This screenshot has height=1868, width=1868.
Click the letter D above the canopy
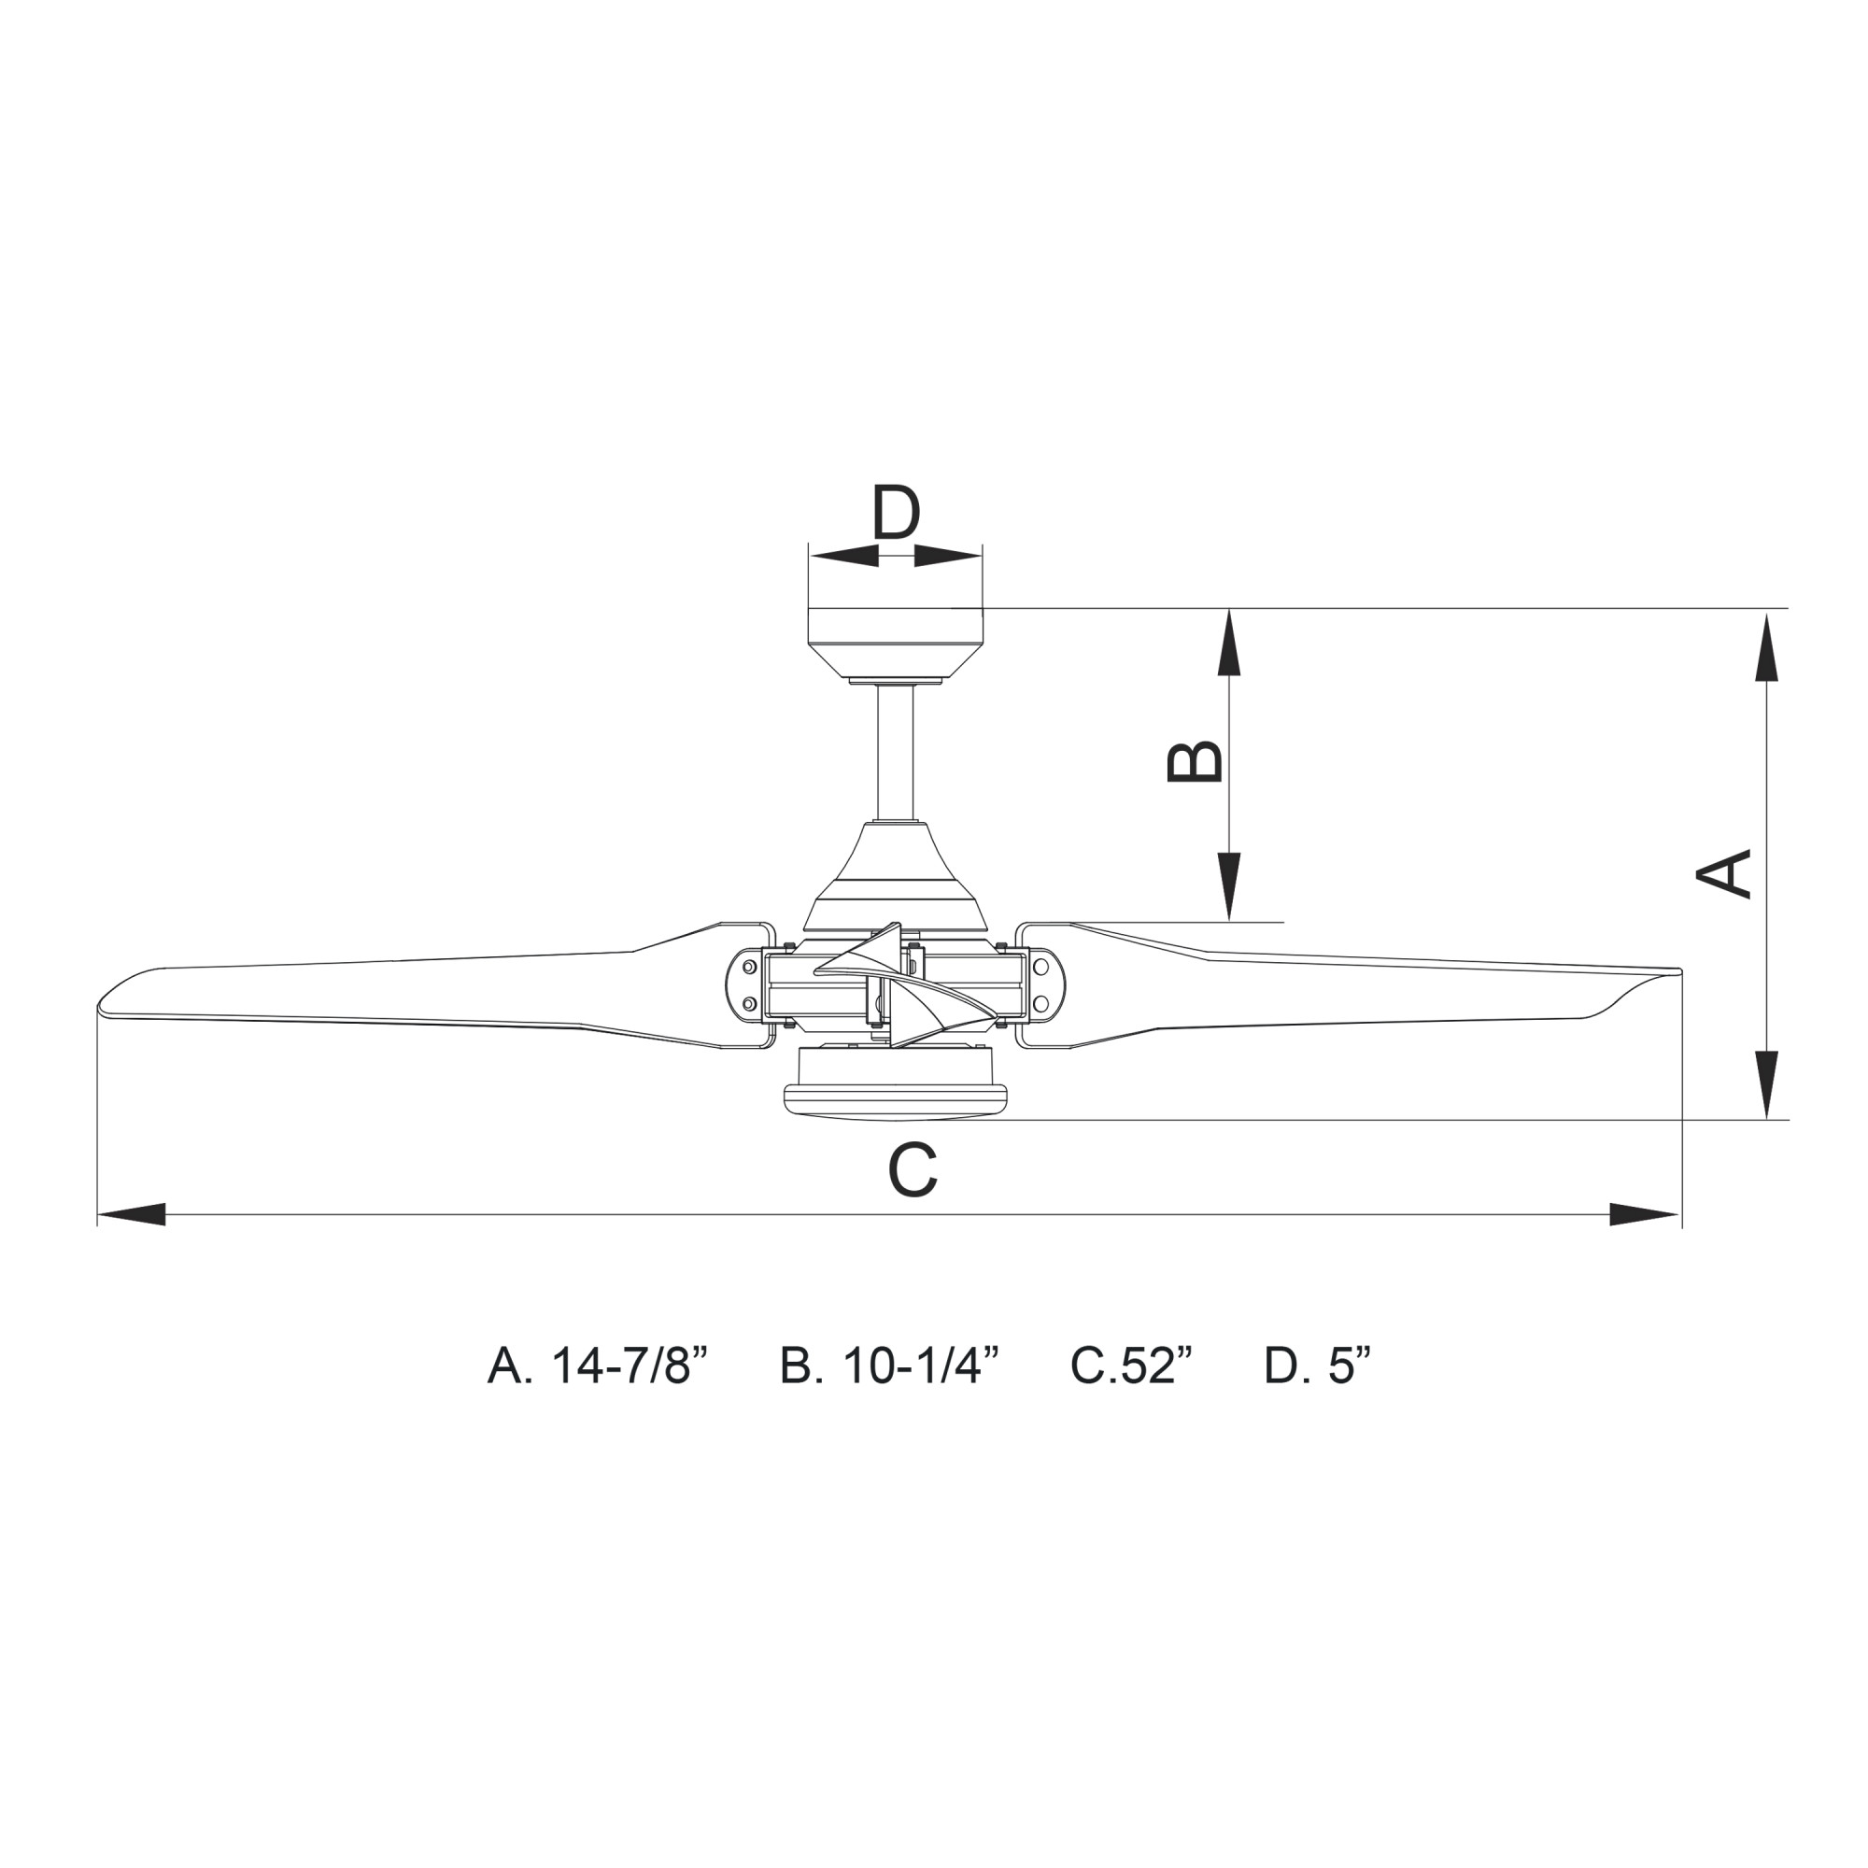896,513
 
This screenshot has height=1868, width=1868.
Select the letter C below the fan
913,1169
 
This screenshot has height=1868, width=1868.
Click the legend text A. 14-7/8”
599,1366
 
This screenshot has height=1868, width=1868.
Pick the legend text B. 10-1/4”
888,1366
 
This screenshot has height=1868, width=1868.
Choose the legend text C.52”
1132,1366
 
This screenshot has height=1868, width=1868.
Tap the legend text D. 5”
1318,1366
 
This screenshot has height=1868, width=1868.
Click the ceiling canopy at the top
896,643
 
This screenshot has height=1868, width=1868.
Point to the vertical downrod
896,753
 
